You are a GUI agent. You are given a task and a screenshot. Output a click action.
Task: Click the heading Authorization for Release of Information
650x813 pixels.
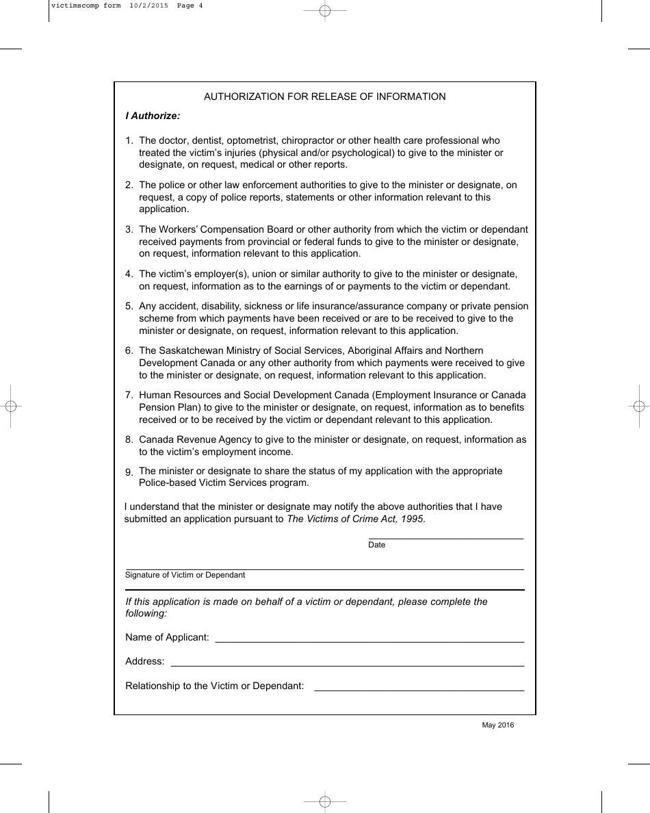[324, 96]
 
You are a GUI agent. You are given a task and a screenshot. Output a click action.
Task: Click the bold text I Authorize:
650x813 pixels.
[153, 116]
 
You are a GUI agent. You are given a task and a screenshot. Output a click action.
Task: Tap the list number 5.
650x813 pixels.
[129, 307]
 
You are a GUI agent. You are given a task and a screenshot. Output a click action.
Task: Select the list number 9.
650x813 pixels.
[129, 472]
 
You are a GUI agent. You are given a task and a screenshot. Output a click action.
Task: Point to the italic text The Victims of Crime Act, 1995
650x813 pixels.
[355, 519]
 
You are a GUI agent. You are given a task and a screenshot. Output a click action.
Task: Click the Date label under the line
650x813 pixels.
[377, 545]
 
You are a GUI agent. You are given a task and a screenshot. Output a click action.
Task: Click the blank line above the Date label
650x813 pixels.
[446, 539]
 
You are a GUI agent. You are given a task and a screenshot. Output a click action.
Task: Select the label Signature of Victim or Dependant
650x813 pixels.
[185, 575]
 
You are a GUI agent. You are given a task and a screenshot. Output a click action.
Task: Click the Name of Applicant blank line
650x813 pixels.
[369, 641]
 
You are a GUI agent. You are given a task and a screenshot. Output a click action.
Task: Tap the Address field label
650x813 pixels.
[144, 661]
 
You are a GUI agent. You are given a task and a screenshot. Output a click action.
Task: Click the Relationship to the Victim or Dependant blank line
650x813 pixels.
[419, 690]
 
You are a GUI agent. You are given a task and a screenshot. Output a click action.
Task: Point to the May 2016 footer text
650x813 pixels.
[497, 725]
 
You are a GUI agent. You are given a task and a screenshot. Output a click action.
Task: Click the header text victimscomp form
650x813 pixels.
[86, 5]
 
